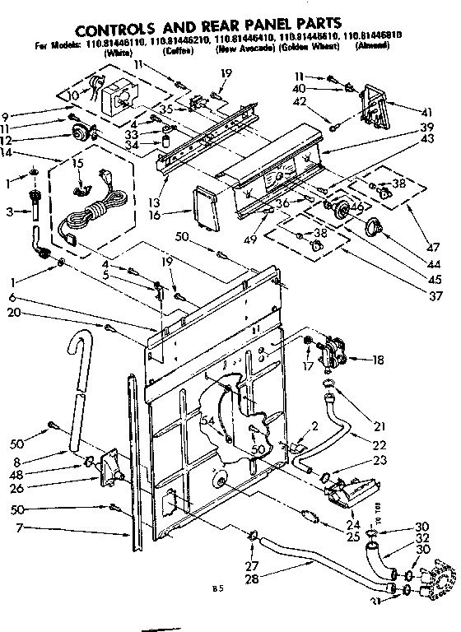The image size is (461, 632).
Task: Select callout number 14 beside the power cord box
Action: click(8, 153)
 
